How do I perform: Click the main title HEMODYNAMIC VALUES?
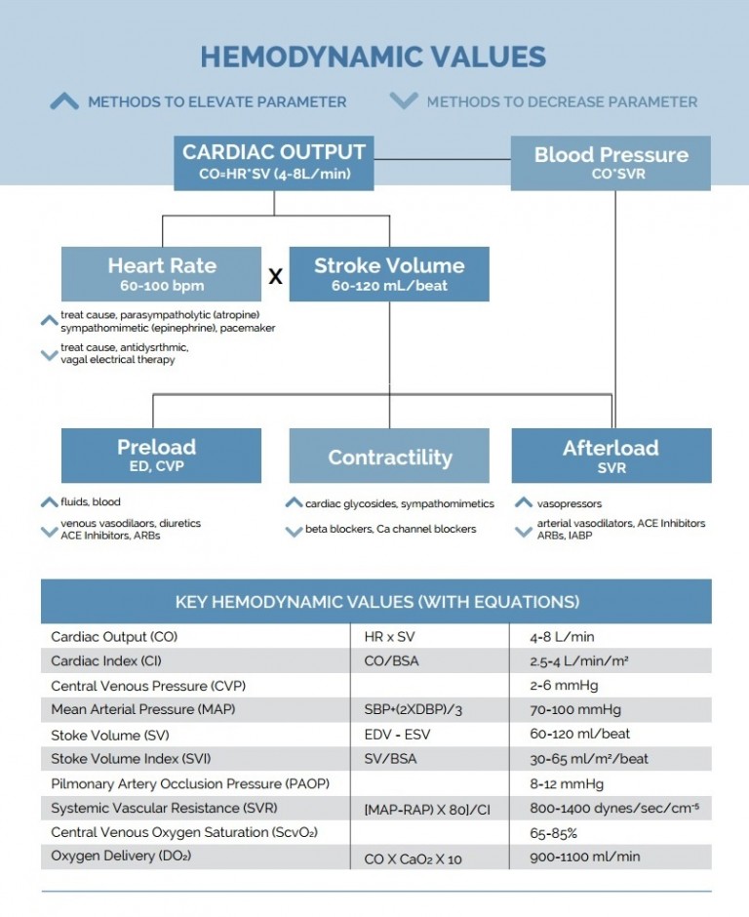coord(374,57)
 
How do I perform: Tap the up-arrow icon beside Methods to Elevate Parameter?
coord(64,101)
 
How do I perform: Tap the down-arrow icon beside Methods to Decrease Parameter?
coord(403,100)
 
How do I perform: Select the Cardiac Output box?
coord(273,163)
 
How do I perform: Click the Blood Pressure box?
coord(611,163)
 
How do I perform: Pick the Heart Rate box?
coord(162,273)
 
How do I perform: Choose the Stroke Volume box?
coord(389,273)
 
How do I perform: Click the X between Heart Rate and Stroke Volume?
coord(276,277)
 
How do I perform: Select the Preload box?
coord(161,455)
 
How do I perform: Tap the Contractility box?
coord(389,457)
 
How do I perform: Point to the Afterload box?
coord(611,456)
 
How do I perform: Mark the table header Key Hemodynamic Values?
coord(375,602)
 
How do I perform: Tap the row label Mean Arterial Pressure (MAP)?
coord(142,710)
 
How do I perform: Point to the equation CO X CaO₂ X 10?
coord(413,857)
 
